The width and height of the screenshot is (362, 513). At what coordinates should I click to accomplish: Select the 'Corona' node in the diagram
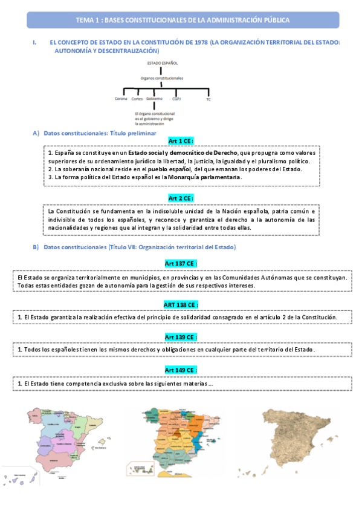point(121,98)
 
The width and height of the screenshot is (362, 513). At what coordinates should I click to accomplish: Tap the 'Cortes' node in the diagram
point(137,99)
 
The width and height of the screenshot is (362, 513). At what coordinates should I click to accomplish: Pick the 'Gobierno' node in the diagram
point(155,98)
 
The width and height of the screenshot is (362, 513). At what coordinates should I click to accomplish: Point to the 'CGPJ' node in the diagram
point(176,98)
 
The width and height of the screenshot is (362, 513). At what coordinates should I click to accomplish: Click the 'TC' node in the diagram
point(208,99)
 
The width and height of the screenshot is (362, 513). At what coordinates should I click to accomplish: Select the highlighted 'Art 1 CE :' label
point(181,140)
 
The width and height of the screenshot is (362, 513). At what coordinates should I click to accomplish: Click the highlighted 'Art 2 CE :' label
point(181,198)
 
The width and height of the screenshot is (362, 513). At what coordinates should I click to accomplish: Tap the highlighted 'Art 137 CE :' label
point(181,263)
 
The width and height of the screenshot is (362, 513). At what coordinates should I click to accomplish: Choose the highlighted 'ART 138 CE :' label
point(181,304)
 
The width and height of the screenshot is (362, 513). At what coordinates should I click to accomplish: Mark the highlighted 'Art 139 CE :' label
point(181,336)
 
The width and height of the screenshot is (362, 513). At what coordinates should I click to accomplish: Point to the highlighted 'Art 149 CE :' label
point(181,370)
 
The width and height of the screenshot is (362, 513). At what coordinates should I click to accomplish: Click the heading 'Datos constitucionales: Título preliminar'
point(100,132)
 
